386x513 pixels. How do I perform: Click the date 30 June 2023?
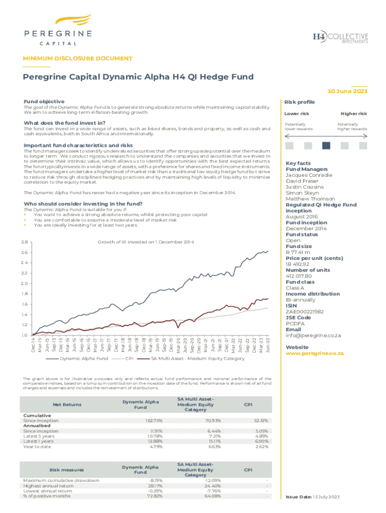click(x=347, y=92)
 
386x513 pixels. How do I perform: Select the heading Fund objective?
click(x=44, y=101)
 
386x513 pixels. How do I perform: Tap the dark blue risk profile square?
click(x=326, y=146)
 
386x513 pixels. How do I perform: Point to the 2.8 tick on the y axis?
click(x=24, y=242)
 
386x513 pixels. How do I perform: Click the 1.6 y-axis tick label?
click(x=24, y=304)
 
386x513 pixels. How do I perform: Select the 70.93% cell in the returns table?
click(x=212, y=421)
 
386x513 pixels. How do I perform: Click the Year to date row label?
click(x=37, y=447)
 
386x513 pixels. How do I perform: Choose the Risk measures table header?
click(x=67, y=470)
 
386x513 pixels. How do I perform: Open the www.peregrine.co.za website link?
click(x=314, y=353)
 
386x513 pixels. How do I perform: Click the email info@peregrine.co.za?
click(x=313, y=335)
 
